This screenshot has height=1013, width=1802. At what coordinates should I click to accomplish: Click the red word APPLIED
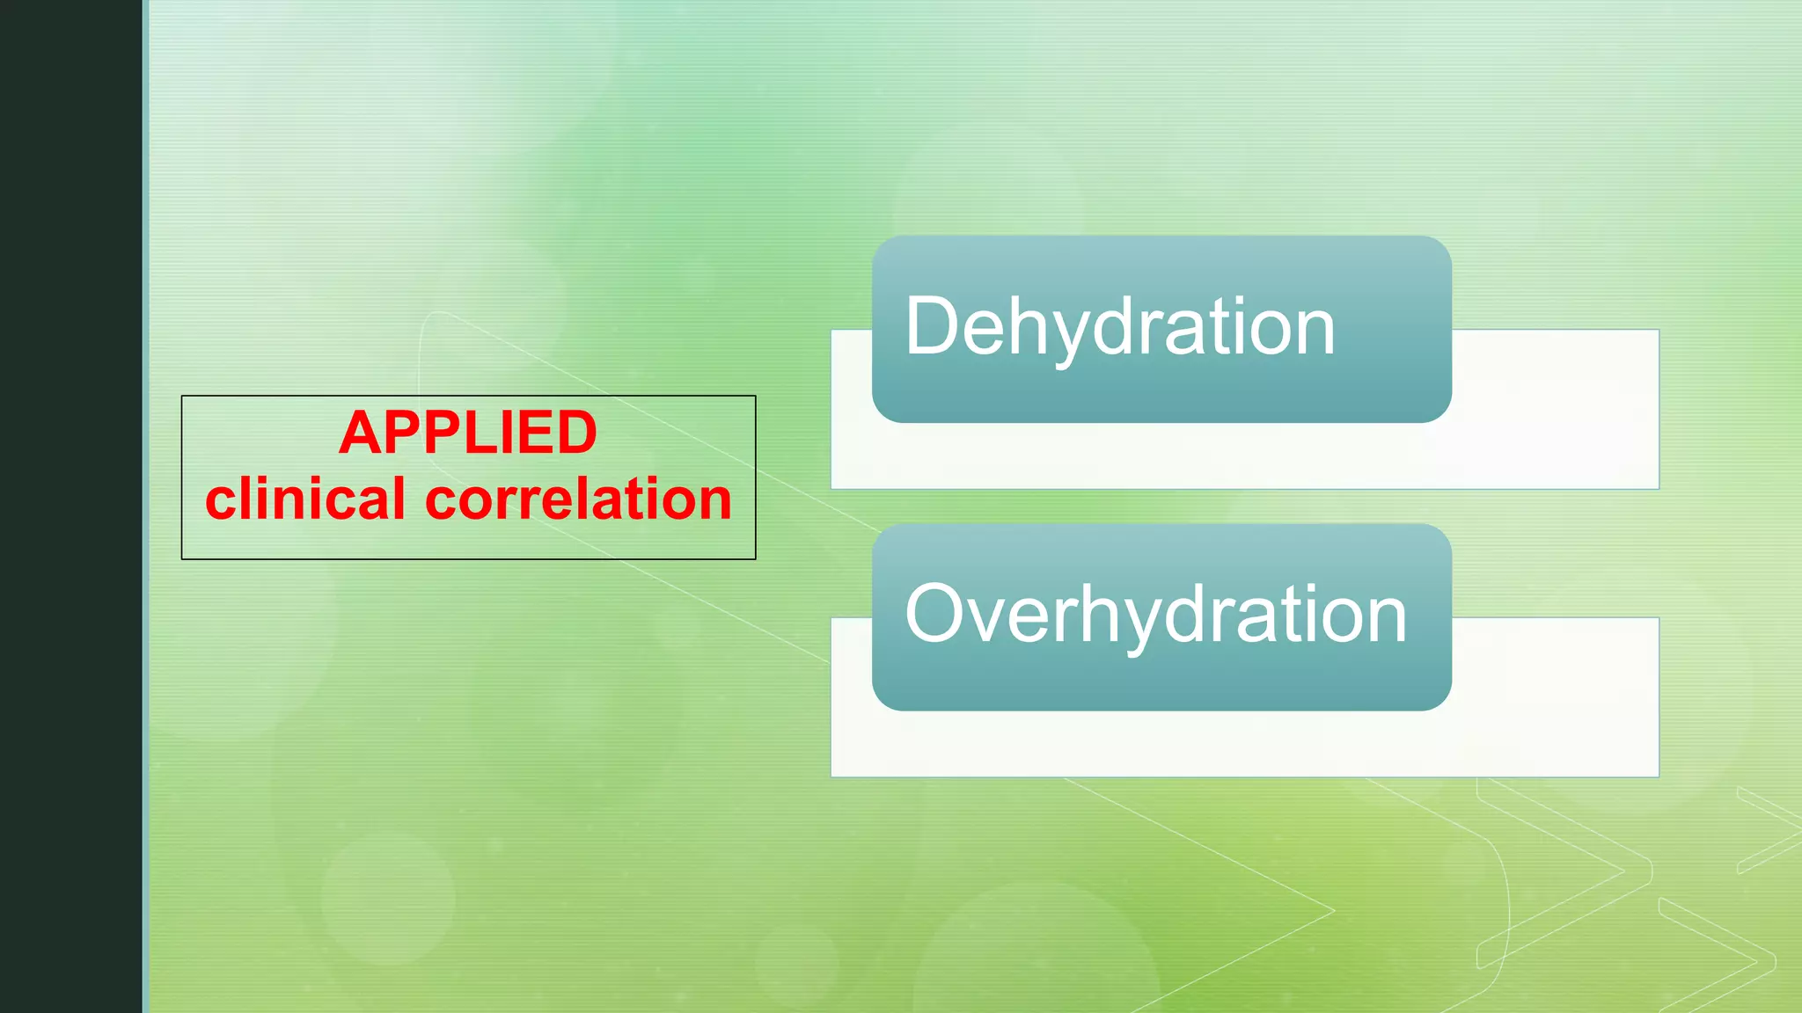click(468, 433)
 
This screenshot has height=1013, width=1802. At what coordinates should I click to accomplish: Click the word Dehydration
click(1119, 326)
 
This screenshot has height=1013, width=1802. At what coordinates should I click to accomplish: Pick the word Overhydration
click(1155, 614)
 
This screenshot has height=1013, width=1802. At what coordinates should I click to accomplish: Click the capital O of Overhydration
click(937, 614)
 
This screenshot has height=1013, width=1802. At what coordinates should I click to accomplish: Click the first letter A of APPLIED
click(362, 433)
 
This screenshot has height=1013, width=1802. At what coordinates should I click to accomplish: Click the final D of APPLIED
click(576, 433)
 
